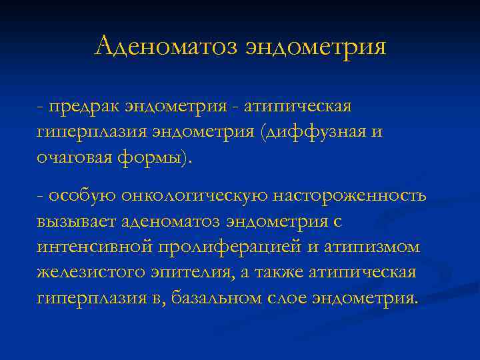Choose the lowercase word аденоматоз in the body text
[181, 221]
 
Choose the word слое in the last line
[287, 297]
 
